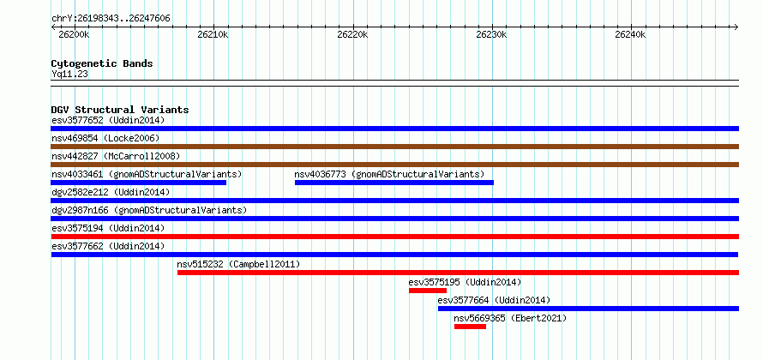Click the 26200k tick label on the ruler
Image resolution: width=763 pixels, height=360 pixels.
coord(74,34)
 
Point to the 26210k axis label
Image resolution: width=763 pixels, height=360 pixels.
coord(213,34)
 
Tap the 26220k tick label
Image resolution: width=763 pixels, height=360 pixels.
coord(352,34)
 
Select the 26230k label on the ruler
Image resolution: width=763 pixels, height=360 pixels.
coord(491,34)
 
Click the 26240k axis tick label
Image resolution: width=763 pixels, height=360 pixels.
coord(630,34)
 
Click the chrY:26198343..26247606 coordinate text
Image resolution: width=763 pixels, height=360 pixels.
coord(111,19)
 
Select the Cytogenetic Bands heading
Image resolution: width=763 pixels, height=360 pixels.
coord(102,63)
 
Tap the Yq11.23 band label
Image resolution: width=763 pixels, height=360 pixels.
coord(69,75)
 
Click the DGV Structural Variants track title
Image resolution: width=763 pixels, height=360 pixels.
coord(120,110)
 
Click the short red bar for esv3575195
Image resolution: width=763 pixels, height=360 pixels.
coord(428,291)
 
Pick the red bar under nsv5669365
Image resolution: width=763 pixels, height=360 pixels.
coord(470,327)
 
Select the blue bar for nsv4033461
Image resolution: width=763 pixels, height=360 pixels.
coord(139,183)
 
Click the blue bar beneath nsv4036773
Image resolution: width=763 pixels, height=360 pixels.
coord(394,183)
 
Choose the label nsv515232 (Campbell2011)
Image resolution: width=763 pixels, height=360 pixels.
coord(238,264)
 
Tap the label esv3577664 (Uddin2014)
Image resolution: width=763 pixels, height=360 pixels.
coord(494,300)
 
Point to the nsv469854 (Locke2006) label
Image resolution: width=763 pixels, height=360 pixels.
coord(105,138)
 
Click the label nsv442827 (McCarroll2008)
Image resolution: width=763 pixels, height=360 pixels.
coord(116,156)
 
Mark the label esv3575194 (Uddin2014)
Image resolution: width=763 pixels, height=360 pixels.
coord(108,228)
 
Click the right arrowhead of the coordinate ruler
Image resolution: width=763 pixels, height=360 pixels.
coord(736,27)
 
